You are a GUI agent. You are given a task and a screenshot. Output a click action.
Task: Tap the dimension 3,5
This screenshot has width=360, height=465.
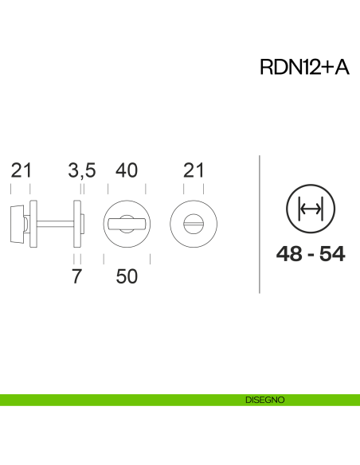coord(82,170)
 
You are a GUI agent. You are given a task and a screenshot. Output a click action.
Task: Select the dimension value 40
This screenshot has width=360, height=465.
coord(127,170)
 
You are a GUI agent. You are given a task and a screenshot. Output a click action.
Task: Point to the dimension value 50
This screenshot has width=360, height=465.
coord(127,276)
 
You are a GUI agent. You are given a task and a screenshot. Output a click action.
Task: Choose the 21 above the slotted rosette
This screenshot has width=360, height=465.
coord(194,170)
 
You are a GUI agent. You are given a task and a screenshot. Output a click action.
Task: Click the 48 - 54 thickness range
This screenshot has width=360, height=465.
coord(311,254)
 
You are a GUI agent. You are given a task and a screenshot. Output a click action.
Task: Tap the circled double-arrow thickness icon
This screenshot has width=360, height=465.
coord(310,209)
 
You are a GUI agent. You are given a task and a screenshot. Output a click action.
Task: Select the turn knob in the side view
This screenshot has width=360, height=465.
coord(16,222)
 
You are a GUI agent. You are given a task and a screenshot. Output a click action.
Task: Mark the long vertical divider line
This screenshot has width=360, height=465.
coord(261,224)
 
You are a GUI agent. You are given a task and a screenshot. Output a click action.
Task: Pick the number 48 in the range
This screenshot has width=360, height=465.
coord(291,254)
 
